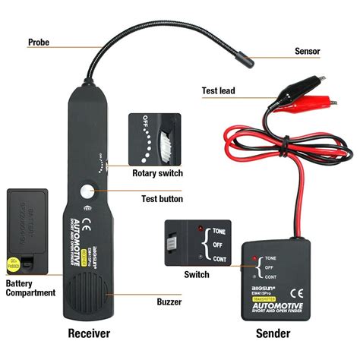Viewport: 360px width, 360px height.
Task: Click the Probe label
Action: [39, 43]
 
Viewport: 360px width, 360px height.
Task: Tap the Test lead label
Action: [218, 90]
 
